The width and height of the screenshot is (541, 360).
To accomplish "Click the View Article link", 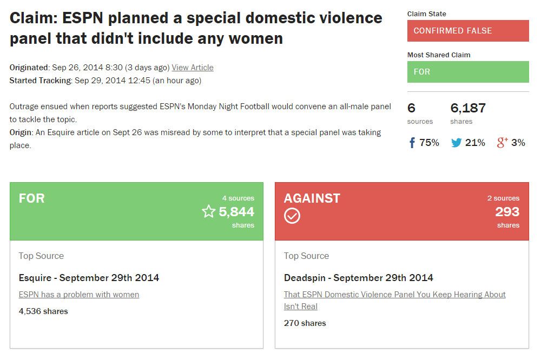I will tap(193, 68).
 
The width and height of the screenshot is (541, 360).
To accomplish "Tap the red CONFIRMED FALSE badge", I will tap(468, 31).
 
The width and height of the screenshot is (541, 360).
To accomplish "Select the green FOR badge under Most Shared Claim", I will tap(468, 72).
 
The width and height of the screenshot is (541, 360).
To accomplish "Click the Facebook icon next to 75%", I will tap(412, 143).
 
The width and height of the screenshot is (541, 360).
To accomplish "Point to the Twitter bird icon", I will tap(456, 143).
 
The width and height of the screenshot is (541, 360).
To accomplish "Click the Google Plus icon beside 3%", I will tap(503, 143).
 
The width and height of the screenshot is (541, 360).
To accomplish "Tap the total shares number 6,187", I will tap(468, 108).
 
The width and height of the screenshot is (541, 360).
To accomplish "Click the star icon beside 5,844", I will tap(208, 211).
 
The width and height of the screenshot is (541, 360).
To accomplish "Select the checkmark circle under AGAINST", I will tap(292, 216).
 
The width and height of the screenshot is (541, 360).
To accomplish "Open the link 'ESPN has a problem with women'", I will tap(79, 295).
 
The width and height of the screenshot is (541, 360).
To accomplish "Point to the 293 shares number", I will tap(507, 211).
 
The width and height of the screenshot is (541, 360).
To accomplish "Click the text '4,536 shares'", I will tap(43, 311).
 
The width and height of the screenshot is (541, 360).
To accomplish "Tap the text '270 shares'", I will tap(305, 323).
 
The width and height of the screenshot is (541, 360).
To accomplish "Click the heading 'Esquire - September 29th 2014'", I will tap(89, 278).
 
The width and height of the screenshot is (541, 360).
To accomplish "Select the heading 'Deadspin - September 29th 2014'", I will tap(359, 278).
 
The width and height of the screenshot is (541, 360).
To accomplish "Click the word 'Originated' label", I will tap(29, 68).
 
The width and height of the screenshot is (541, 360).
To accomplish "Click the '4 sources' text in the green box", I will tap(237, 198).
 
